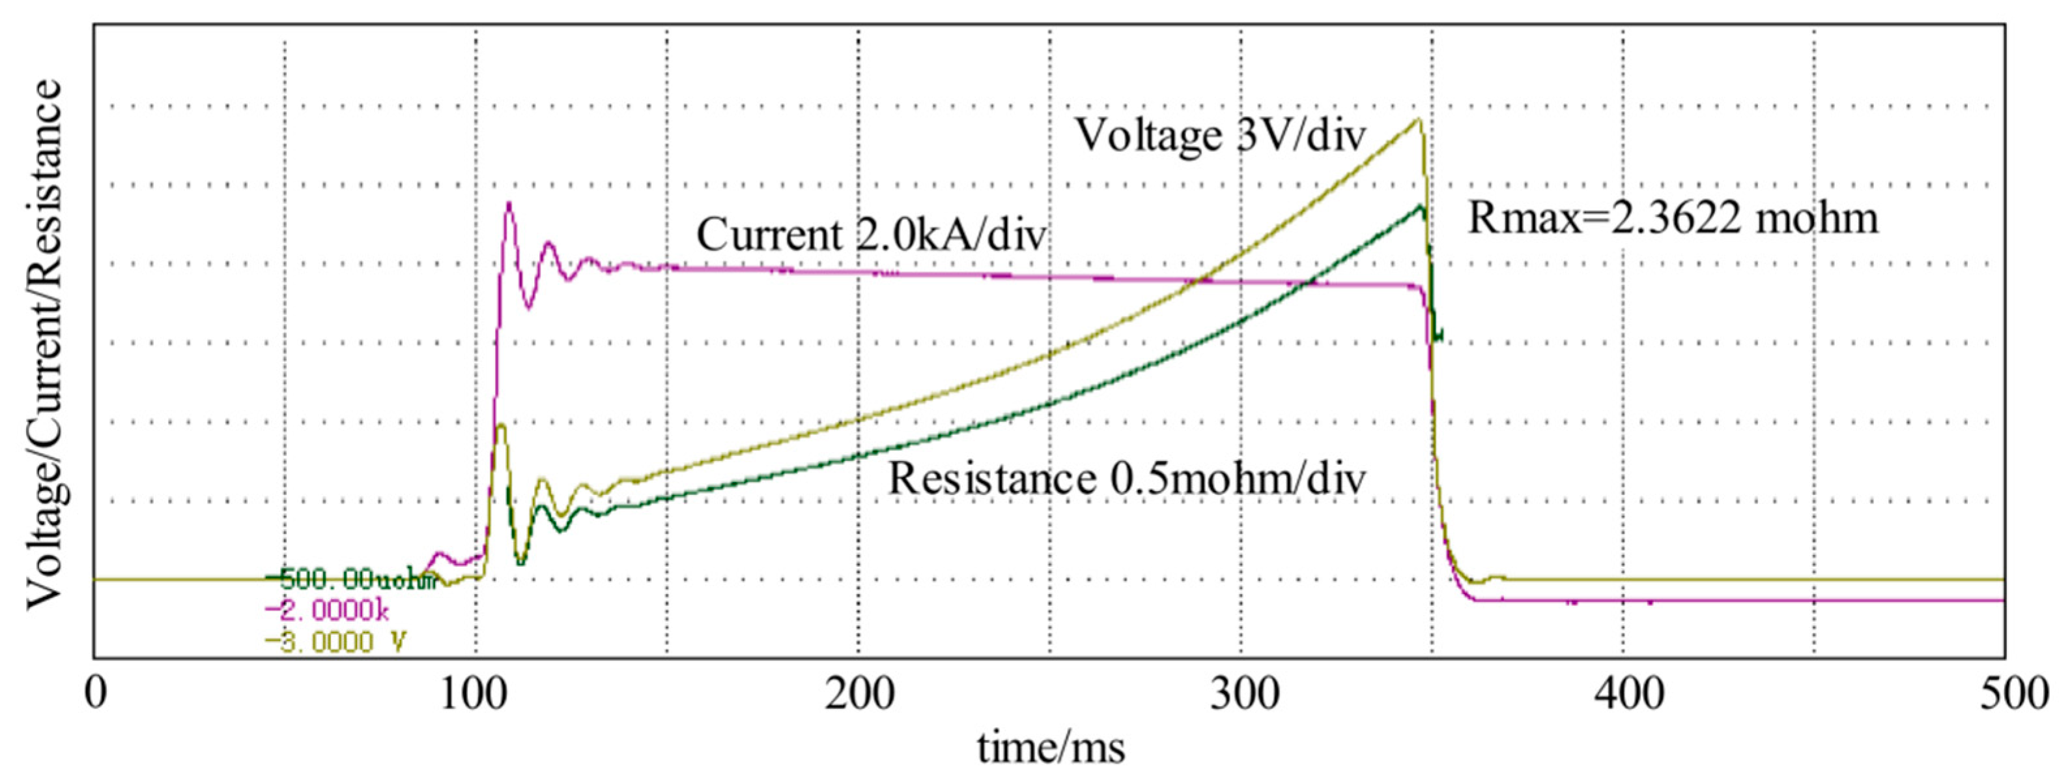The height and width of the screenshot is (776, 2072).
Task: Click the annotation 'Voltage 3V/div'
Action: click(x=1219, y=135)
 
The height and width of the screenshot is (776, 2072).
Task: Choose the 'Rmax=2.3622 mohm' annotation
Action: click(x=1673, y=219)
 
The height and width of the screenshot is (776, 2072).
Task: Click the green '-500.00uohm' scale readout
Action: click(x=350, y=580)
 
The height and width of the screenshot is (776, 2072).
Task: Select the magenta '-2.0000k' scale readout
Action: click(x=328, y=612)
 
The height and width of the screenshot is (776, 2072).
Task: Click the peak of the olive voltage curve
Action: click(x=1420, y=120)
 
